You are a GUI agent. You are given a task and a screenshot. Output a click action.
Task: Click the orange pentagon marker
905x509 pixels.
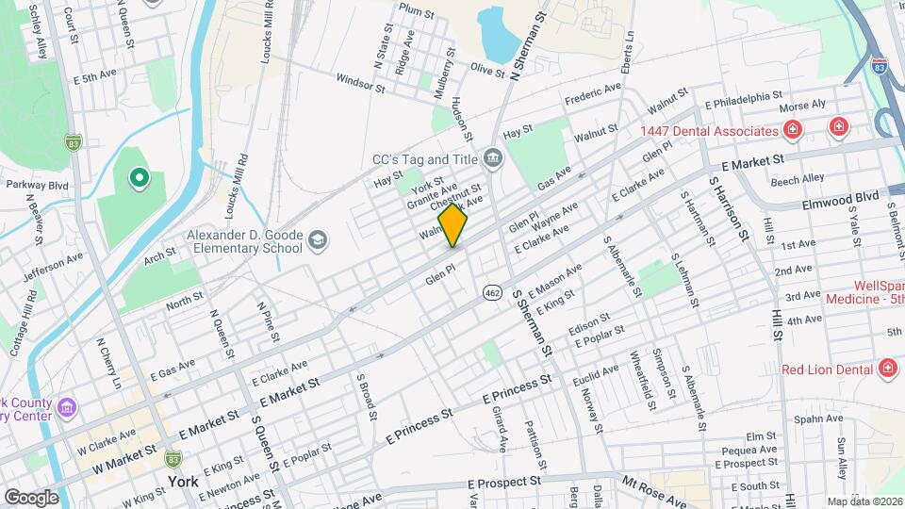453,225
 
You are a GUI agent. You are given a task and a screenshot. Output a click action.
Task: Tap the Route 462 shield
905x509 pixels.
492,292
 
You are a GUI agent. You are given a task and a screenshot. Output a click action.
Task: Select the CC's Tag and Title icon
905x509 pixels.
492,156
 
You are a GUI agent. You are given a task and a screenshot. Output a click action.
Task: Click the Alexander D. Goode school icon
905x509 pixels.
318,240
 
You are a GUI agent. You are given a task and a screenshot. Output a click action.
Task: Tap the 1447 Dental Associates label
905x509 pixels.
708,131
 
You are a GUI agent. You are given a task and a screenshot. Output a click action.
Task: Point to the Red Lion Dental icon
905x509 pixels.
886,368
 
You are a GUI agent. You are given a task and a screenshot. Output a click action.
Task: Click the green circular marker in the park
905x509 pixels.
140,177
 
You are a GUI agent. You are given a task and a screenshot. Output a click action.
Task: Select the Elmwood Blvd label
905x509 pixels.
840,199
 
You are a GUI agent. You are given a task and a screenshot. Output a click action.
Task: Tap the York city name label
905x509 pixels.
183,481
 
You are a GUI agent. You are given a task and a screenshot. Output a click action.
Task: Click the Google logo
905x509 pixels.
31,497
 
